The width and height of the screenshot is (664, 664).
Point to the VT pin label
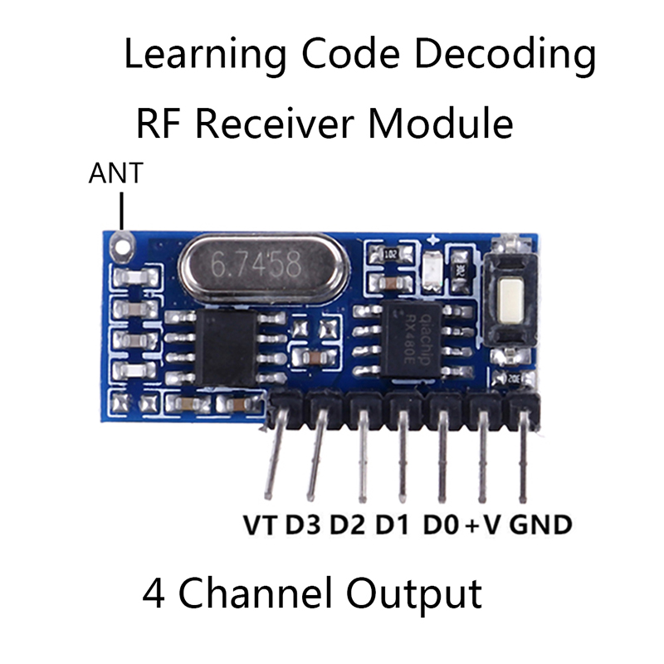click(261, 525)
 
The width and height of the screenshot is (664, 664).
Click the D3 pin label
click(305, 525)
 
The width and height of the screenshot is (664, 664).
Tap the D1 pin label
click(393, 525)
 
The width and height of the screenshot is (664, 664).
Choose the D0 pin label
click(442, 525)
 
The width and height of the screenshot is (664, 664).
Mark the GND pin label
click(540, 525)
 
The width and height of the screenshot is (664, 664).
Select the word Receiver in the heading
click(276, 124)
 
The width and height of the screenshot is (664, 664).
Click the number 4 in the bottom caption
click(154, 594)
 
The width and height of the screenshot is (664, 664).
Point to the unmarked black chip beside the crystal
click(226, 349)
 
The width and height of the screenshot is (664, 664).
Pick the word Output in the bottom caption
click(413, 594)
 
